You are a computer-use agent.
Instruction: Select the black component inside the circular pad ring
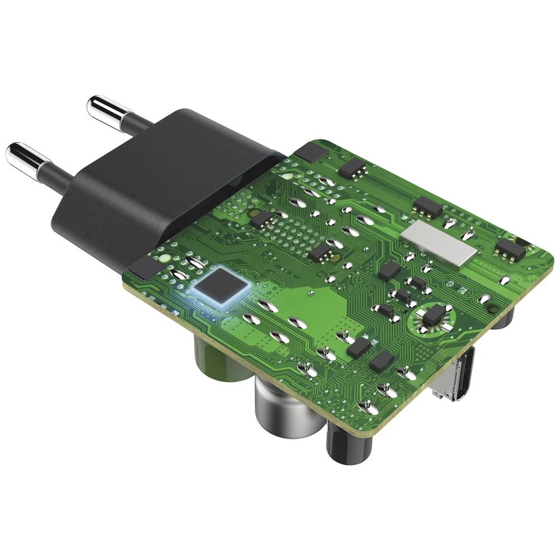433,316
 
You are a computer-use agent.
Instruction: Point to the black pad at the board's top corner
311,150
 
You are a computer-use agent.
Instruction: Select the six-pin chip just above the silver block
427,208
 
